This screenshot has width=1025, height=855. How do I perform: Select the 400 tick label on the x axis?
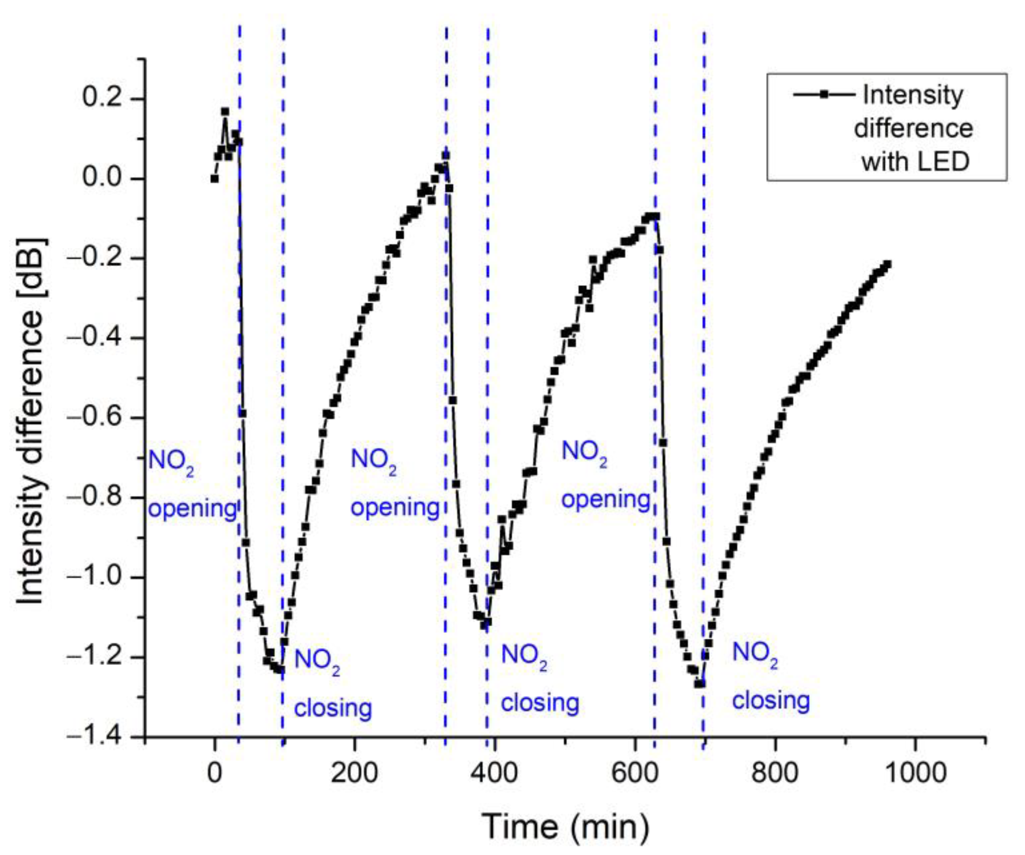495,773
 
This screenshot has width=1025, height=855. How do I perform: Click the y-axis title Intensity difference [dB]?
30,422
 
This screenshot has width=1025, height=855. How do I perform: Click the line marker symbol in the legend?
823,94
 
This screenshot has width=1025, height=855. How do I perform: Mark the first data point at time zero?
214,179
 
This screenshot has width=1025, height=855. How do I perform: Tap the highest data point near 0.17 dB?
225,111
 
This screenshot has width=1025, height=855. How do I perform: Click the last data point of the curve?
887,265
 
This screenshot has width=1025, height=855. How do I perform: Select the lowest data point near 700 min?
700,684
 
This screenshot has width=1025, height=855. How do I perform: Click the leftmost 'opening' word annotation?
192,509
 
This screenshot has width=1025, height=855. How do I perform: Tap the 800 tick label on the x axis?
775,773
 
